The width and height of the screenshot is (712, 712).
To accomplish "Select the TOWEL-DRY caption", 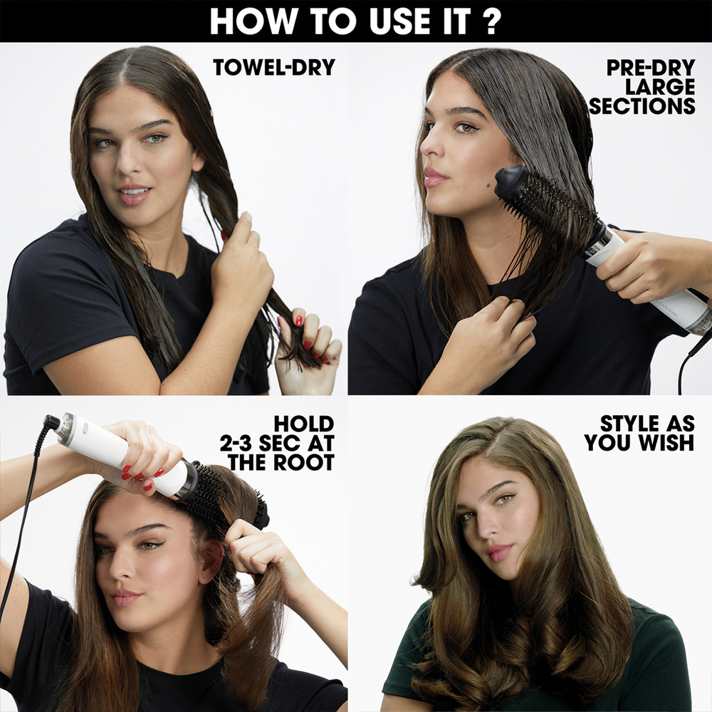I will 274,68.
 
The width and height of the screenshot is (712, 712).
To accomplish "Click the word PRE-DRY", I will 651,68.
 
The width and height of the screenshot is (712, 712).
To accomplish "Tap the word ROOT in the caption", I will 305,463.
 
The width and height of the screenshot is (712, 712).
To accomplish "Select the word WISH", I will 665,443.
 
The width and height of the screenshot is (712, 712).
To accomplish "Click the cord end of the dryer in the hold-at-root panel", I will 52,422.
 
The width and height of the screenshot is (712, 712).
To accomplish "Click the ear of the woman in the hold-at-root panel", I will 210,562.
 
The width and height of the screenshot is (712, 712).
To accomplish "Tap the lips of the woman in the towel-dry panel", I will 133,194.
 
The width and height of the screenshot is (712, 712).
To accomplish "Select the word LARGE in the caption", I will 661,88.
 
